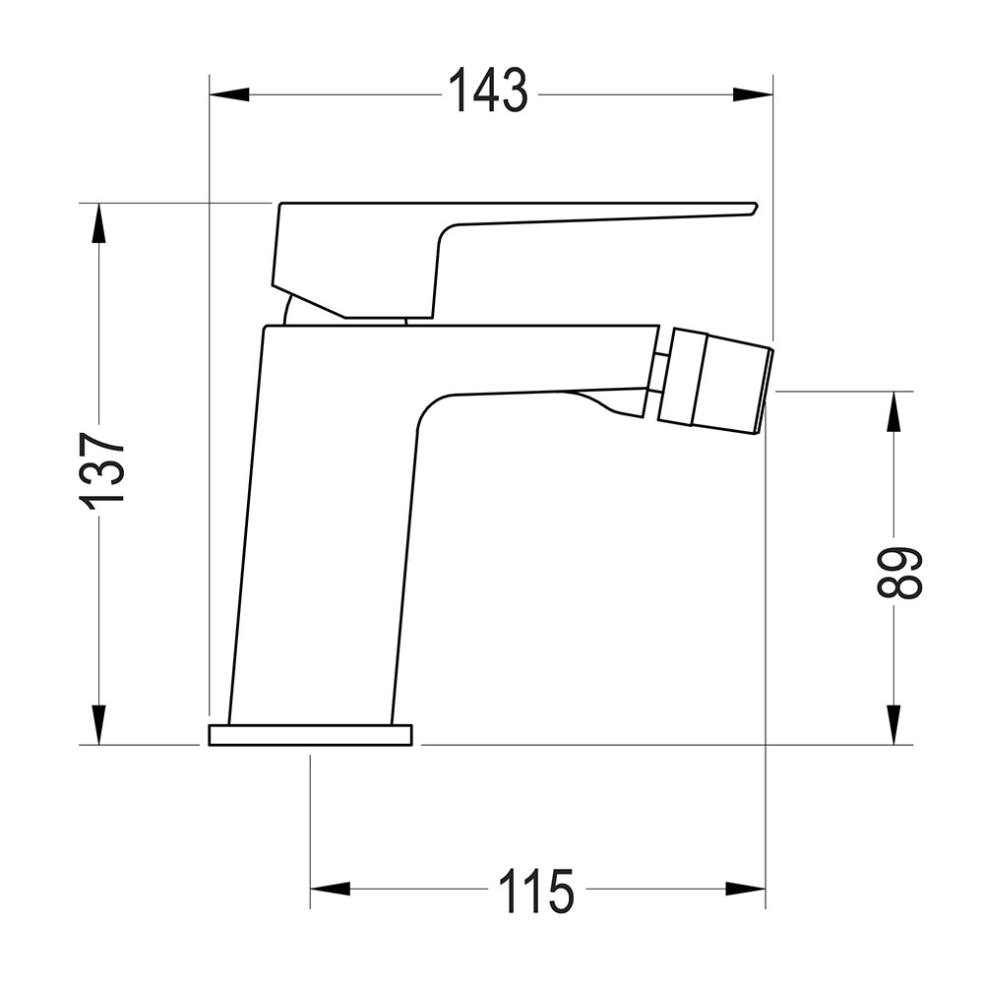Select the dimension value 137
click(x=103, y=468)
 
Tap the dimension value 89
click(x=898, y=573)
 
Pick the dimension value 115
click(x=535, y=891)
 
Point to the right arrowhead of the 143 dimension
click(x=754, y=94)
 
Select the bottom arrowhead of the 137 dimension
click(x=98, y=725)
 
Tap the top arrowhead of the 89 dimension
click(x=893, y=410)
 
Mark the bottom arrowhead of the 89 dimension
click(x=893, y=725)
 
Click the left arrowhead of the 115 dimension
click(x=330, y=890)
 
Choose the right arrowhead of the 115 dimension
click(x=746, y=890)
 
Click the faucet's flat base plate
click(x=310, y=735)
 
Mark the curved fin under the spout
click(x=610, y=403)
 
